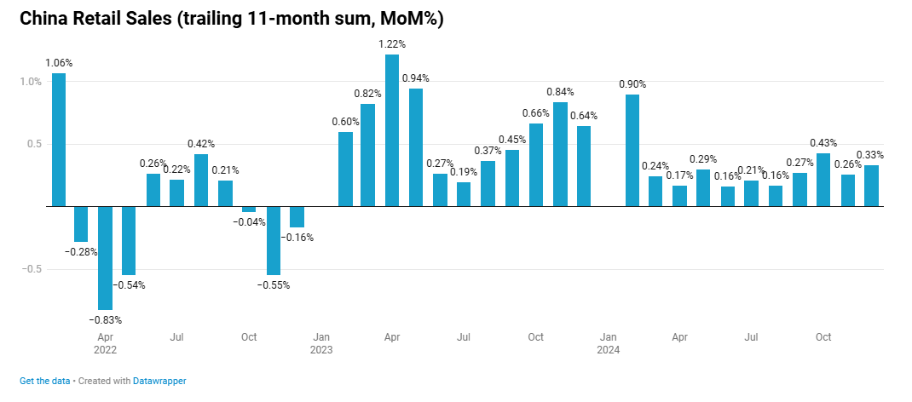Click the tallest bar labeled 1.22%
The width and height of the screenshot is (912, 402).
click(x=392, y=130)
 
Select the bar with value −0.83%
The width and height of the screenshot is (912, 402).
click(x=106, y=257)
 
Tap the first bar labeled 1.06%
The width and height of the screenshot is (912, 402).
click(x=59, y=140)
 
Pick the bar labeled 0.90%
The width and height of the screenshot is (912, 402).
click(x=632, y=150)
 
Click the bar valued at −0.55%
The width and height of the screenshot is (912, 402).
click(x=274, y=240)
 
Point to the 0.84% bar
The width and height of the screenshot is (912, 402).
click(x=560, y=154)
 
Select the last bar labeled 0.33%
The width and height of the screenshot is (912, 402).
click(x=871, y=186)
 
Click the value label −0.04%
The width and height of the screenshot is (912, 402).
click(x=249, y=222)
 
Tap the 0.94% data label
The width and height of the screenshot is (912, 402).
click(x=415, y=78)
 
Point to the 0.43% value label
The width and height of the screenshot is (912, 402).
click(x=823, y=143)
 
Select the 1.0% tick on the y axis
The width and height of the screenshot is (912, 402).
click(x=31, y=82)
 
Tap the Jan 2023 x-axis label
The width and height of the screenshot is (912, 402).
click(x=321, y=343)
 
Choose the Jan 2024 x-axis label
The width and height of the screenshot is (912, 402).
click(x=608, y=343)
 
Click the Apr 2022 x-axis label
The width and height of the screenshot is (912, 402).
click(x=106, y=343)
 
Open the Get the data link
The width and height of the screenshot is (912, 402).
click(x=44, y=382)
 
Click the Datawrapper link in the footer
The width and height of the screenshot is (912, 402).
click(x=159, y=382)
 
